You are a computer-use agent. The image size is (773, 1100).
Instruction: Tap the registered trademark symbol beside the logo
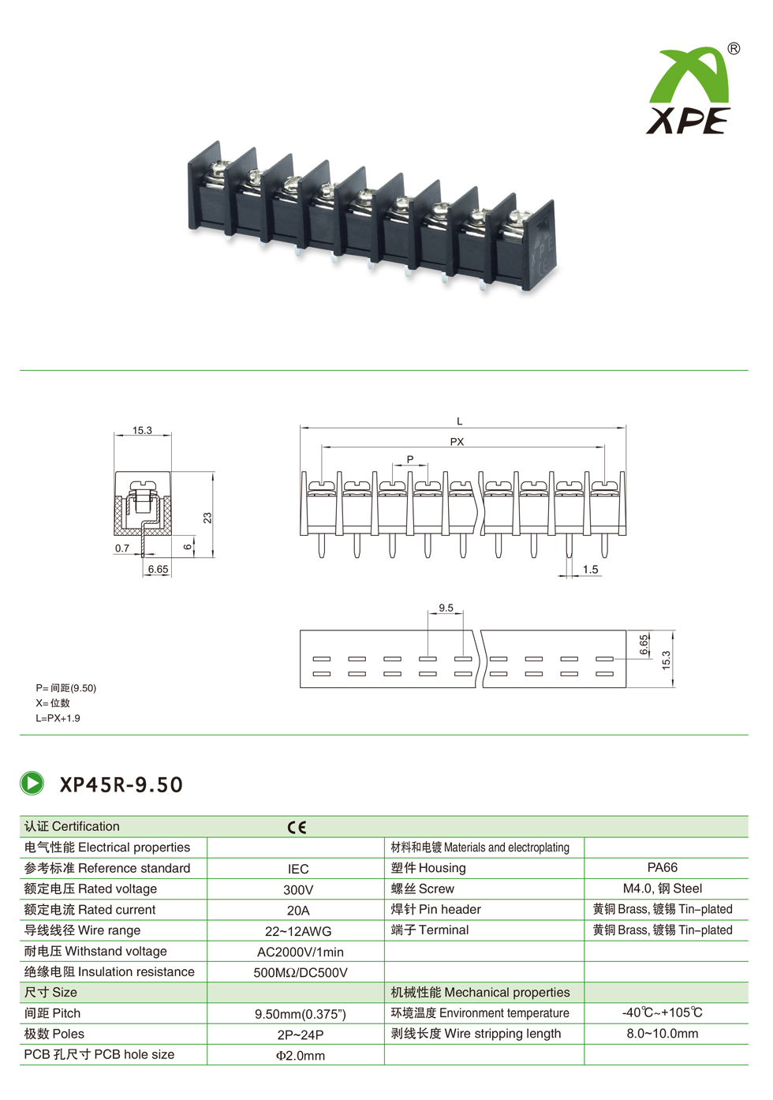734,49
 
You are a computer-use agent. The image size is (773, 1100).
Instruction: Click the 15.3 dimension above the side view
142,431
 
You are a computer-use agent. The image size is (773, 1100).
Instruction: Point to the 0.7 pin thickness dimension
122,548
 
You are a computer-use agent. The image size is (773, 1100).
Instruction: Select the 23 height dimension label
207,518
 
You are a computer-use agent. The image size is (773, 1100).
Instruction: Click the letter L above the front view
459,421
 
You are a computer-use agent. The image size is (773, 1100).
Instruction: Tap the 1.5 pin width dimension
591,569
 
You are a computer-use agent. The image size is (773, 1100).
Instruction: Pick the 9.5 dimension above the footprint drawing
446,608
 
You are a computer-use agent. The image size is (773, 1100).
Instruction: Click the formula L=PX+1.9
58,718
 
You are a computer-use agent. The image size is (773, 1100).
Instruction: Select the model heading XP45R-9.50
121,784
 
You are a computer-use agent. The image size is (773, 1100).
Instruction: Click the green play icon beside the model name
32,784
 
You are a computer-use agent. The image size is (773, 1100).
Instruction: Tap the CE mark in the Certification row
297,828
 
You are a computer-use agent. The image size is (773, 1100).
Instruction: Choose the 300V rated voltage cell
298,890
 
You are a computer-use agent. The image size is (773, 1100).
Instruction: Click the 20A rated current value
298,911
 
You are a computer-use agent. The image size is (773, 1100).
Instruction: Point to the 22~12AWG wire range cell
298,931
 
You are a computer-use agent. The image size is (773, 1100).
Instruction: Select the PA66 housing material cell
662,867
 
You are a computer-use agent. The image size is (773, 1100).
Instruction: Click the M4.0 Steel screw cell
662,889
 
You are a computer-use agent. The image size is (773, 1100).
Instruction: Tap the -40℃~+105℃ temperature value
662,1012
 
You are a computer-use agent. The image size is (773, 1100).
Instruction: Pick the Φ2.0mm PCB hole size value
300,1056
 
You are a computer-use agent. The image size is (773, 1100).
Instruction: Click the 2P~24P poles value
300,1035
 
